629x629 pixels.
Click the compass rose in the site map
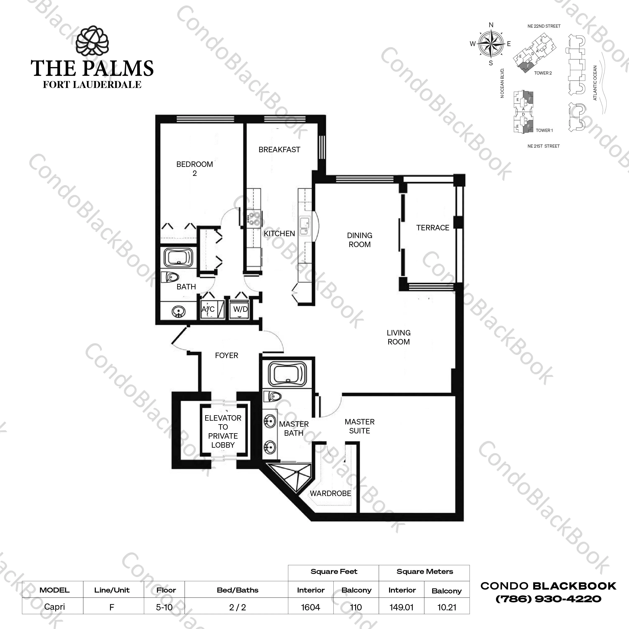(x=491, y=44)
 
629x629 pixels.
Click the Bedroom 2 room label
(x=195, y=169)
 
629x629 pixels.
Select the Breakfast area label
(x=279, y=150)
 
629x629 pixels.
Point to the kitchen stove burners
(x=254, y=218)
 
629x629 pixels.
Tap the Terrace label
(x=433, y=228)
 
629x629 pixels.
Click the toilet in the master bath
(x=272, y=396)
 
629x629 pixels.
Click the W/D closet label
(x=241, y=309)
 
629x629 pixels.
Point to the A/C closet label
(x=208, y=309)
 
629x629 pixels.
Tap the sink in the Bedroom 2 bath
(x=178, y=312)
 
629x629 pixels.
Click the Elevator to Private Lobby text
(x=223, y=432)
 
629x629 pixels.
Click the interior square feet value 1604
(x=311, y=607)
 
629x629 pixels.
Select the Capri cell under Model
(x=54, y=607)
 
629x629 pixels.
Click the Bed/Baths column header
(x=238, y=590)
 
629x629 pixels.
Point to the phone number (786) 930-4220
(x=548, y=599)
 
